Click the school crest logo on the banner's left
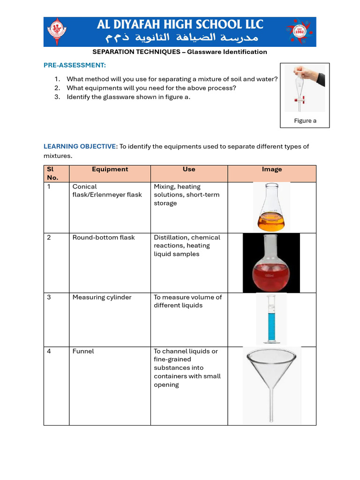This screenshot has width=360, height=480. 59,31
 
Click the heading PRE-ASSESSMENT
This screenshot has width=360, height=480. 75,65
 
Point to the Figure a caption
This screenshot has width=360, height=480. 305,120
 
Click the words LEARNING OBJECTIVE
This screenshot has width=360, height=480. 80,147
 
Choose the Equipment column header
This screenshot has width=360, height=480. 110,169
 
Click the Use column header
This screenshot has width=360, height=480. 189,169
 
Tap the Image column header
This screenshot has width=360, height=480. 272,169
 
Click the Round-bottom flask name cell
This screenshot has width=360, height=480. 104,238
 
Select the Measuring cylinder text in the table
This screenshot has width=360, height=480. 102,297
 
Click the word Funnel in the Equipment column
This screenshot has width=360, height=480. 83,351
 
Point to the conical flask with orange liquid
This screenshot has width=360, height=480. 271,207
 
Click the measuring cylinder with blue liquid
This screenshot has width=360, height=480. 271,319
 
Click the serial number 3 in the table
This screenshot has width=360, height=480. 49,297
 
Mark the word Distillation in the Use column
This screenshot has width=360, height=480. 170,238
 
